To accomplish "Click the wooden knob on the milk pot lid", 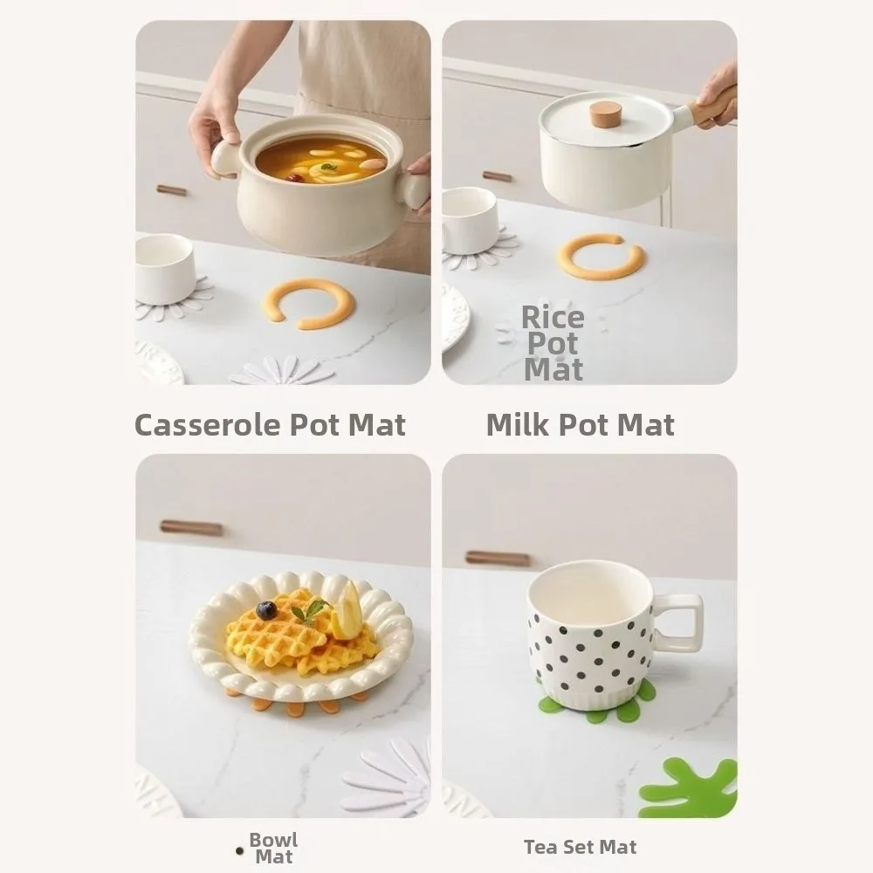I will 605,113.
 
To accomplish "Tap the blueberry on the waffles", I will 266,610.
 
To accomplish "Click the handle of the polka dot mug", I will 681,622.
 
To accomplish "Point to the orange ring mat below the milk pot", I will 601,257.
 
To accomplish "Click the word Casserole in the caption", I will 204,425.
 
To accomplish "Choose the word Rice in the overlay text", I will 553,318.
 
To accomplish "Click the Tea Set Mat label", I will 580,847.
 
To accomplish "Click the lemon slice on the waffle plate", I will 347,611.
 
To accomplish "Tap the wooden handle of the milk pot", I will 711,108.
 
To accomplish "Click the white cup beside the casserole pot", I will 165,268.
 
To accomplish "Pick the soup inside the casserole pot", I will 320,160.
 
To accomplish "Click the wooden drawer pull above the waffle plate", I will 191,527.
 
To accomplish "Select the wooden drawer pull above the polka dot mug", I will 497,558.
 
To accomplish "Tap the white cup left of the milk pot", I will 469,220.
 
